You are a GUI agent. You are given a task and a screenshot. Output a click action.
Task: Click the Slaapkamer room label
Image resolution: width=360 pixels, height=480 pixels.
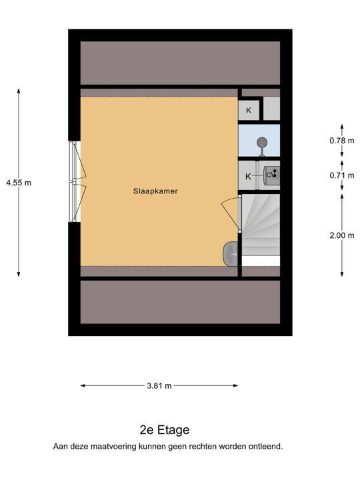coord(155,191)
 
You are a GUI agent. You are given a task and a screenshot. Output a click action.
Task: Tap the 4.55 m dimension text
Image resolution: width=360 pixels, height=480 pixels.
coord(19,183)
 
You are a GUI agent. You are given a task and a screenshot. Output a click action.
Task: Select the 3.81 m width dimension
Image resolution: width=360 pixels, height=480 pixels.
coord(159,386)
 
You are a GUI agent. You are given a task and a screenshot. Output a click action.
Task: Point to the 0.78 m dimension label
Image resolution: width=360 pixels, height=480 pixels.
coord(342,141)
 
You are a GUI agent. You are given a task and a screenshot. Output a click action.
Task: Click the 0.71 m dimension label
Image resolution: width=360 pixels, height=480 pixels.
coord(342,175)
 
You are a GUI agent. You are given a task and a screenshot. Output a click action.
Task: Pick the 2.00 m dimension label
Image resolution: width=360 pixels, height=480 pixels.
coord(342,235)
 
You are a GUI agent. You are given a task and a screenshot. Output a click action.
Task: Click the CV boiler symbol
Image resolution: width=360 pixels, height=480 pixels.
coord(271,175)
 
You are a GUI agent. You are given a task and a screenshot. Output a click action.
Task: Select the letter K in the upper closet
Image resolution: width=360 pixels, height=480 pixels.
coord(249,110)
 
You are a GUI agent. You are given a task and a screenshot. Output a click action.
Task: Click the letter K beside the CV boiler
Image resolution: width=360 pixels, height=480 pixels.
coord(248,176)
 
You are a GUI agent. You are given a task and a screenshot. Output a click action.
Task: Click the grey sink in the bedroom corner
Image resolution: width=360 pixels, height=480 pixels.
coord(230,254)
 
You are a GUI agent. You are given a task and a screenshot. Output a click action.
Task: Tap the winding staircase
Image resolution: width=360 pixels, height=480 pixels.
coord(261,225)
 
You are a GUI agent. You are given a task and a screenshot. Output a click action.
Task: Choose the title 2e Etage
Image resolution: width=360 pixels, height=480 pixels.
coord(165,430)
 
